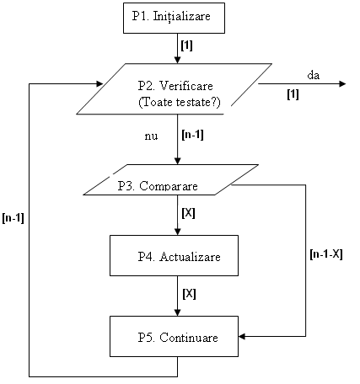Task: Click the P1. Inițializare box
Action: (174, 19)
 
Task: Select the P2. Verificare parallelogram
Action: (174, 88)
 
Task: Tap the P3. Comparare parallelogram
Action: (170, 179)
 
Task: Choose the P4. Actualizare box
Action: (174, 255)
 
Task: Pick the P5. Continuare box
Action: (174, 336)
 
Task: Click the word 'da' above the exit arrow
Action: (314, 75)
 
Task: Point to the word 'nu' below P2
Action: (151, 136)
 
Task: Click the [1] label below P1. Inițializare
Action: (187, 45)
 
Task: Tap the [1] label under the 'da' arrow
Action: (293, 94)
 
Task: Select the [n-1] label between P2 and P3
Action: (193, 135)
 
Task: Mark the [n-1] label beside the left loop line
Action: (13, 218)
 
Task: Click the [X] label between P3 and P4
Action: (188, 213)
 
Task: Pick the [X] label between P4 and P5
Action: (189, 294)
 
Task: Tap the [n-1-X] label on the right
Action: (326, 254)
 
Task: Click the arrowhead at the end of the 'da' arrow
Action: (342, 83)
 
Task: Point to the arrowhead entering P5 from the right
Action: (242, 336)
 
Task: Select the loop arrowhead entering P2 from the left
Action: (99, 83)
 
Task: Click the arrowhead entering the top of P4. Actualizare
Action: (177, 232)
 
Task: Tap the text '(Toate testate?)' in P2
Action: (180, 102)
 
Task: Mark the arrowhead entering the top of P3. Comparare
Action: (177, 161)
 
